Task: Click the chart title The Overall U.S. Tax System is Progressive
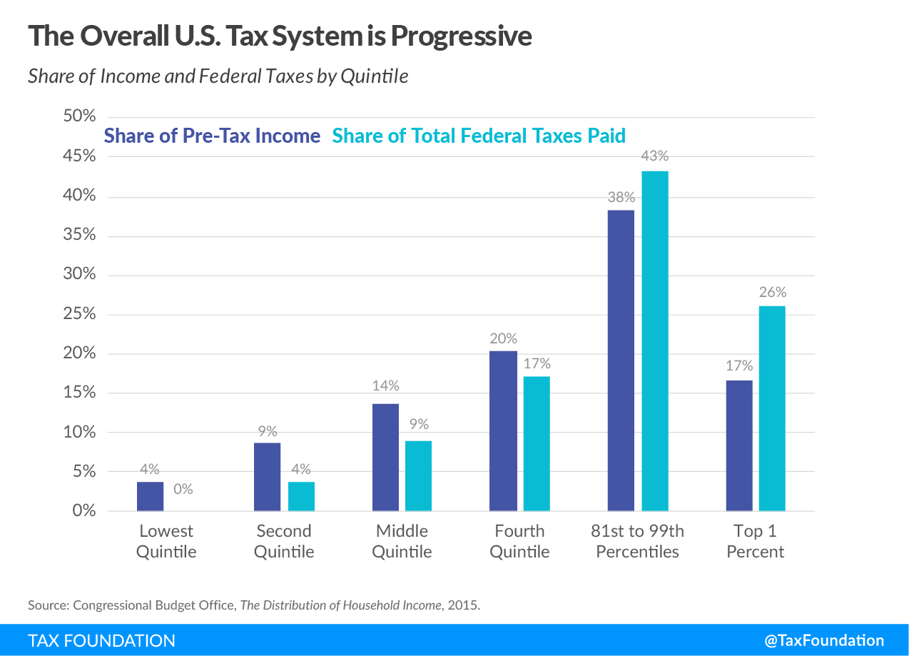tap(280, 36)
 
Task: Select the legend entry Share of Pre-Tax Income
tap(212, 136)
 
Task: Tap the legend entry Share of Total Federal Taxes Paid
tap(479, 136)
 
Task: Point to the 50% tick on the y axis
tap(79, 117)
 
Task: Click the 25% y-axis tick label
tap(79, 314)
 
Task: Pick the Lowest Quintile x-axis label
tap(166, 541)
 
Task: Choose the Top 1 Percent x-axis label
tap(755, 541)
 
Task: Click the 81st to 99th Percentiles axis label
tap(637, 541)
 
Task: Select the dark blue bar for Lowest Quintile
tap(150, 496)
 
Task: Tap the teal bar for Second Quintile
tap(301, 496)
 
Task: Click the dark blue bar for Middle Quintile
tap(386, 457)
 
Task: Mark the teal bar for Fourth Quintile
tap(537, 443)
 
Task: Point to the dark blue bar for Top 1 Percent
tap(739, 445)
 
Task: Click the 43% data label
tap(655, 156)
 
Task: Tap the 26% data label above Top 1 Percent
tap(773, 292)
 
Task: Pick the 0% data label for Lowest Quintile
tap(183, 490)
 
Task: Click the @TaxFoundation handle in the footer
tap(824, 640)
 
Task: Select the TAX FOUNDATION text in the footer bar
tap(101, 640)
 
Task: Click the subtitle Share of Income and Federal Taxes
tap(218, 76)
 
